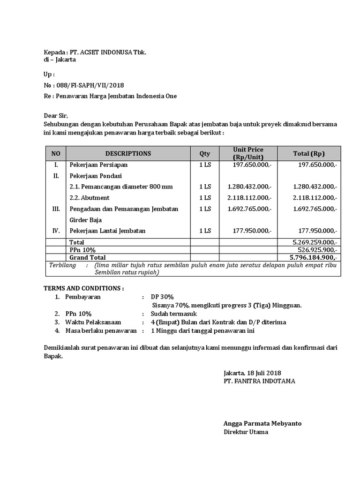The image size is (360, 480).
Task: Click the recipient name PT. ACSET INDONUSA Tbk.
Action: tap(107, 52)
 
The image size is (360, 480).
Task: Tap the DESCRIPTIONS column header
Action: tap(128, 153)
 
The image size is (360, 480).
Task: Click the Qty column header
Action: tap(205, 153)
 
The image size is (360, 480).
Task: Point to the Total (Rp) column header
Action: tap(308, 153)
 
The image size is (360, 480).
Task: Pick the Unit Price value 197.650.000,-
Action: tap(252, 165)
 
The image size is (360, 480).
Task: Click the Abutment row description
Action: tap(89, 198)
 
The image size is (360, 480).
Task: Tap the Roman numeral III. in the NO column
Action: tap(56, 209)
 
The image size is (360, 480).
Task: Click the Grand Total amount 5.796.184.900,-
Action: tap(313, 257)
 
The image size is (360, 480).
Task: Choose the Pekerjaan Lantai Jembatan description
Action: tap(107, 231)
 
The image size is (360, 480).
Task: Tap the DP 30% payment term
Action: tap(162, 297)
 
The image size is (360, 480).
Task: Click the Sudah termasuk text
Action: tap(174, 314)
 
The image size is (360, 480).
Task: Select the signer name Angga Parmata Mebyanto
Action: tap(262, 423)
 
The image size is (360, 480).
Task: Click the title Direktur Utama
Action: tap(246, 432)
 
